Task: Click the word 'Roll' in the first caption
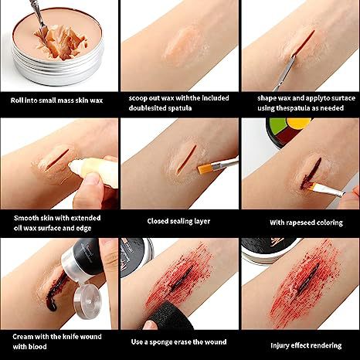click(x=16, y=100)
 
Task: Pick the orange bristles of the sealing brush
click(x=205, y=168)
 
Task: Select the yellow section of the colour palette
click(x=299, y=124)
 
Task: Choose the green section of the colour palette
click(x=276, y=125)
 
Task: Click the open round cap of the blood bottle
click(x=87, y=301)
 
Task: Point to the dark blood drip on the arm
click(x=53, y=292)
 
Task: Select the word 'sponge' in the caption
click(x=161, y=342)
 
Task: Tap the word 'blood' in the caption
click(x=36, y=347)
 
